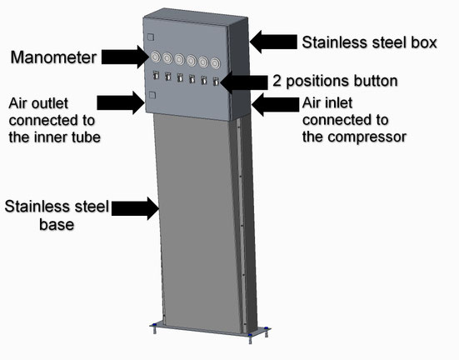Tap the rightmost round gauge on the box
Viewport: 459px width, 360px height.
pyautogui.click(x=217, y=62)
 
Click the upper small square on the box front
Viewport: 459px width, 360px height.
pyautogui.click(x=150, y=37)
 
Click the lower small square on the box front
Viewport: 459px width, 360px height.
pyautogui.click(x=150, y=95)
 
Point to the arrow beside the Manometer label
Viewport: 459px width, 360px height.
pyautogui.click(x=124, y=57)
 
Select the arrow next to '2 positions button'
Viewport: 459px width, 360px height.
pyautogui.click(x=244, y=82)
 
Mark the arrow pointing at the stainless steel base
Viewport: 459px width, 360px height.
pyautogui.click(x=137, y=207)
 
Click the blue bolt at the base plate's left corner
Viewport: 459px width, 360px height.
pyautogui.click(x=153, y=327)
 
